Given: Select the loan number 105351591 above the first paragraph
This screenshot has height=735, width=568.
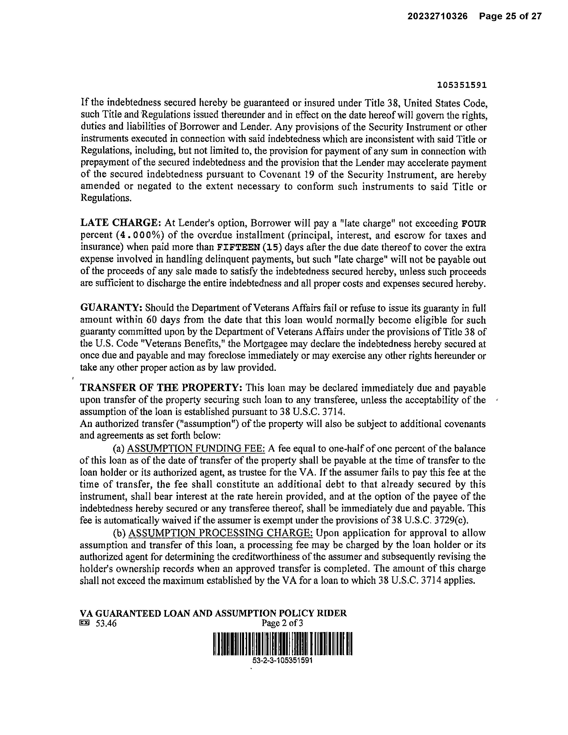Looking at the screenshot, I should pos(462,85).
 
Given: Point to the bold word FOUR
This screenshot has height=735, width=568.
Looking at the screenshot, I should pos(474,223).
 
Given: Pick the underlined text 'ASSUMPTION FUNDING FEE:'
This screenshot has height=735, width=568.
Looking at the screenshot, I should pos(196,449).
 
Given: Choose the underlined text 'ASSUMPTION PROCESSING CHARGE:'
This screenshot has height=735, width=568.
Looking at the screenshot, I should pos(221,533).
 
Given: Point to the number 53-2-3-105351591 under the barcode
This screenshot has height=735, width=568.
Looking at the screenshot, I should pos(283,660).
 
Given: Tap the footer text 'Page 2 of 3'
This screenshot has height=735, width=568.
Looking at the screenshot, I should pos(282,623).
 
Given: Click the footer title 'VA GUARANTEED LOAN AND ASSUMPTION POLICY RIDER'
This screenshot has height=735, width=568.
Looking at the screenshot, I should pos(213,613).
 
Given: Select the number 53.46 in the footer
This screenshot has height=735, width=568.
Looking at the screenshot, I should pos(106,624).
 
